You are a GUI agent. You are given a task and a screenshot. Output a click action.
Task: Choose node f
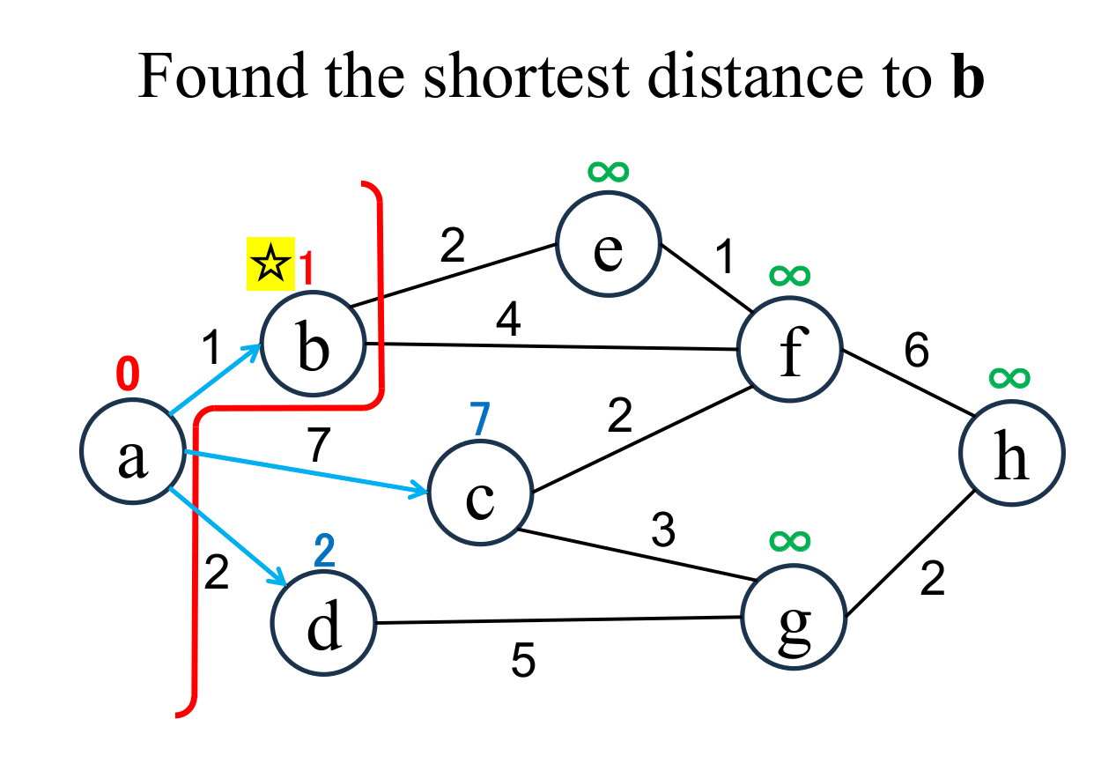[790, 348]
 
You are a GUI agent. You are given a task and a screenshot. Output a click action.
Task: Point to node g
[793, 617]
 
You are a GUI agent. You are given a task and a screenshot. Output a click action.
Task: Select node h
[1011, 455]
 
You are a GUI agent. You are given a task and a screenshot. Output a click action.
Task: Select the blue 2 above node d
[325, 552]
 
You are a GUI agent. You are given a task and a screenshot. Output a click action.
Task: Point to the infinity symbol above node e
[608, 171]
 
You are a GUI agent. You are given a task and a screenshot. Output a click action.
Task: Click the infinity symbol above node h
[1009, 378]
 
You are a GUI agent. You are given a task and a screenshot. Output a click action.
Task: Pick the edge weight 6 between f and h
[916, 352]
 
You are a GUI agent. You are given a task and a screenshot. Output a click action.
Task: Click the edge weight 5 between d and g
[523, 662]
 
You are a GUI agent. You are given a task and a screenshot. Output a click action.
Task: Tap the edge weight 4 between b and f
[509, 321]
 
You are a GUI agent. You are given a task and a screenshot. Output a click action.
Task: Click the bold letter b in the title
[967, 78]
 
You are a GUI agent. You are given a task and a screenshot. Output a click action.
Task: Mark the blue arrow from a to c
[308, 473]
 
